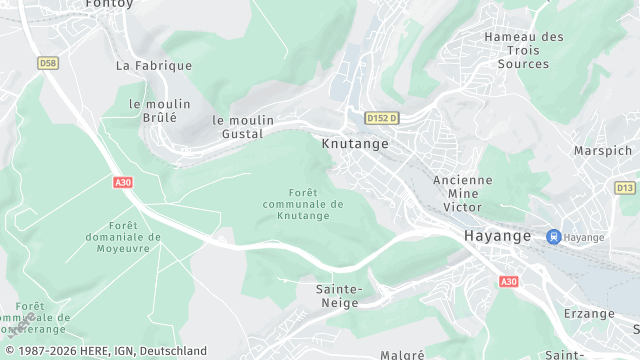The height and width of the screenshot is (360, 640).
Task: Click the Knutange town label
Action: point(355,143)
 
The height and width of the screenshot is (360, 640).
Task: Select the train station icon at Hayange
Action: point(552,237)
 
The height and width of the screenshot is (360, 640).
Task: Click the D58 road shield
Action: point(47,62)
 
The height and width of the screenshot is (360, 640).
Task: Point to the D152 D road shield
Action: point(381,118)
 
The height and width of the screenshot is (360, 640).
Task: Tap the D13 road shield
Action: point(625,187)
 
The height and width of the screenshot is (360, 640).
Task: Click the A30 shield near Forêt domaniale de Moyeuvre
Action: point(123,182)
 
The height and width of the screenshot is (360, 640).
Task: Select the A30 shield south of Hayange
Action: point(509,282)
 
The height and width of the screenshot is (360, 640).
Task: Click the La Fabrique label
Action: point(153,66)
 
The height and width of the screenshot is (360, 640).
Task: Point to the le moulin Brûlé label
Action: point(153,110)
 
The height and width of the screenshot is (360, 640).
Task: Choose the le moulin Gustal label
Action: point(238,126)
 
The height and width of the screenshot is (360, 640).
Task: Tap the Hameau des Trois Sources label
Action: point(523,50)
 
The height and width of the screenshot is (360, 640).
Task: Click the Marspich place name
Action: point(603,151)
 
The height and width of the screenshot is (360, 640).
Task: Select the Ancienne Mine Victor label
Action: point(462,193)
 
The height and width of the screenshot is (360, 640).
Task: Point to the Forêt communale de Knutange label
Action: point(303,204)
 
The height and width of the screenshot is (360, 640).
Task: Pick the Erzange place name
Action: point(589,313)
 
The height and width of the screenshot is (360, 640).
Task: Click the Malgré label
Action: point(402,354)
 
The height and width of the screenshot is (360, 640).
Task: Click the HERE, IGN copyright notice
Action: point(104,351)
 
